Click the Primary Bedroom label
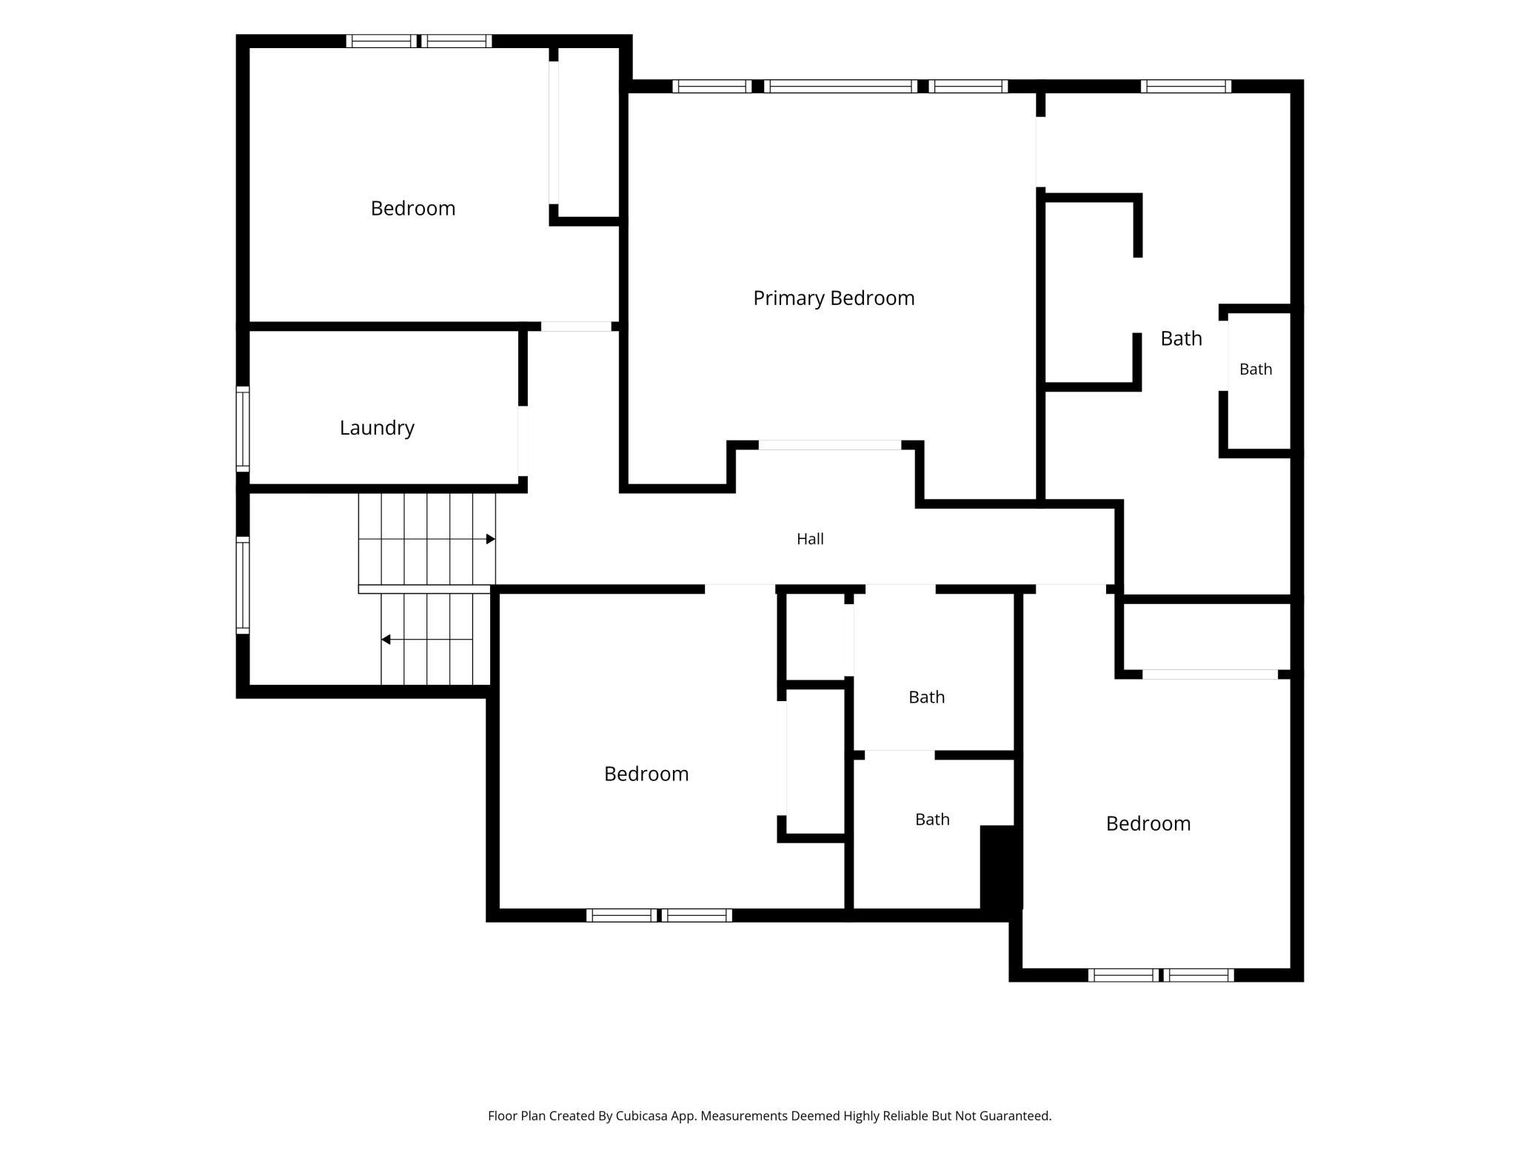(x=834, y=298)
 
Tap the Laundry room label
(x=377, y=428)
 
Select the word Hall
(x=810, y=539)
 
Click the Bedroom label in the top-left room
(x=413, y=208)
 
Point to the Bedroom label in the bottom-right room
(x=1148, y=823)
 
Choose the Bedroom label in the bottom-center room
(x=646, y=774)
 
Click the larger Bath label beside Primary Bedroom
(x=1181, y=338)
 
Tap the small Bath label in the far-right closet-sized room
(x=1256, y=369)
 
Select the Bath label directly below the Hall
(x=926, y=697)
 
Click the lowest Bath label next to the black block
(x=932, y=819)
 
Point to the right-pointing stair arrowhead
(x=490, y=539)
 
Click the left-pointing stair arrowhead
(x=386, y=639)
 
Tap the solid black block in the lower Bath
(x=1001, y=867)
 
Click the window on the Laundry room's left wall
(x=242, y=429)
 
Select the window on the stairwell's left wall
(x=242, y=585)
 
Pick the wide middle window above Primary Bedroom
(x=840, y=86)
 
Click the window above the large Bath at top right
(x=1186, y=86)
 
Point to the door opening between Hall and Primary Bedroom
(x=830, y=445)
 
